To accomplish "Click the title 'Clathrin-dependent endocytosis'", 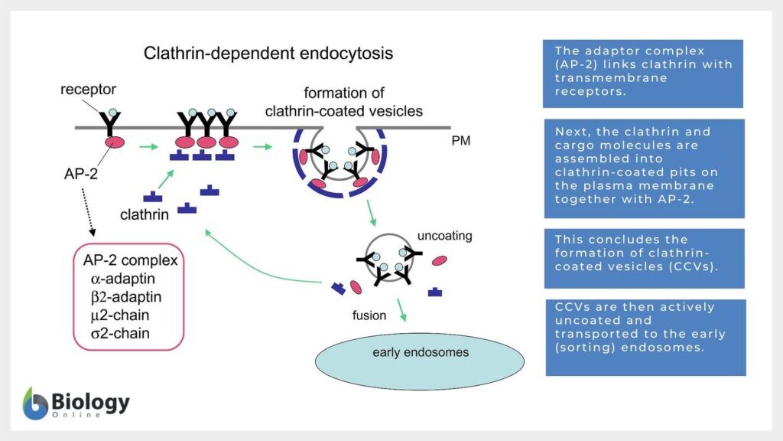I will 268,54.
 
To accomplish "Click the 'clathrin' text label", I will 145,215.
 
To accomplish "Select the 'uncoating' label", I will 444,235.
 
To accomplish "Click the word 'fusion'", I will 369,315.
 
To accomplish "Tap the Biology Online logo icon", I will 35,403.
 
